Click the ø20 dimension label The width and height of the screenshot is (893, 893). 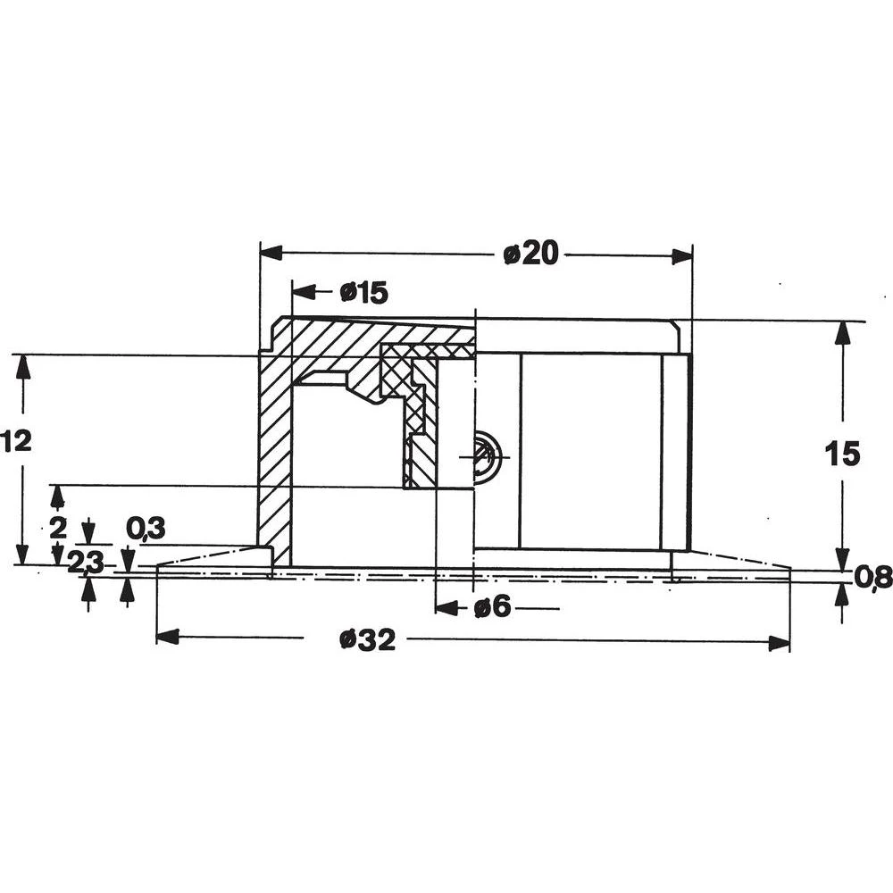point(530,255)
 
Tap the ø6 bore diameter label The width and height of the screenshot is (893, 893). point(492,608)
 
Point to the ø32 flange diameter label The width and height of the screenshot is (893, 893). point(367,639)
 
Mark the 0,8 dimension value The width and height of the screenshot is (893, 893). point(872,579)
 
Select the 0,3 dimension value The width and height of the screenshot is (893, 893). point(146,528)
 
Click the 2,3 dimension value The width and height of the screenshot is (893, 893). point(86,562)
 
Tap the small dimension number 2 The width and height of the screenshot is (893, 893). point(58,527)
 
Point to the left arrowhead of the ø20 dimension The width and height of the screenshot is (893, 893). point(271,253)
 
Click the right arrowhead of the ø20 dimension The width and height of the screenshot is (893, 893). point(681,256)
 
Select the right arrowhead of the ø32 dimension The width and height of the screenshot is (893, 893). point(779,643)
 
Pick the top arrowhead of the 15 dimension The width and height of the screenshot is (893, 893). point(840,332)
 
